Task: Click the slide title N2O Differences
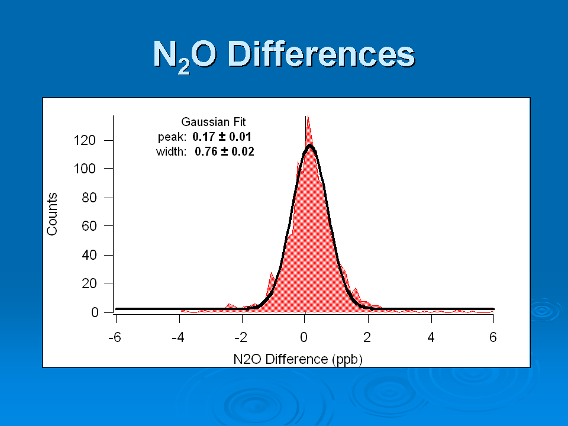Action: (284, 55)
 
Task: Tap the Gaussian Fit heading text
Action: (214, 122)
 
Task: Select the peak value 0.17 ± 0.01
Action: (222, 137)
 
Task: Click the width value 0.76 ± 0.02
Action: (225, 151)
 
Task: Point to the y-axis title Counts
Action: (52, 214)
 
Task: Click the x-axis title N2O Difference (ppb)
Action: (298, 359)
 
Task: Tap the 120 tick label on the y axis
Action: (85, 140)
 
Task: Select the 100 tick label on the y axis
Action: (85, 169)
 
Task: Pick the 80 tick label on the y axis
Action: (89, 198)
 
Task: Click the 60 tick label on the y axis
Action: (89, 226)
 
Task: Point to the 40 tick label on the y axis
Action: (89, 255)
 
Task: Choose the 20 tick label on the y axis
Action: (89, 283)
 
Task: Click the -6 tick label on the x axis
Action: (115, 338)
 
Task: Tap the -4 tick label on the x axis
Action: (178, 338)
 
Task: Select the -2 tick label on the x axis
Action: (241, 338)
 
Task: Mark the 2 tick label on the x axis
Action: (367, 338)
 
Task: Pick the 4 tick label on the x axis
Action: (431, 338)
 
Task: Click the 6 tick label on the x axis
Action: (493, 338)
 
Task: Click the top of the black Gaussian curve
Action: (309, 146)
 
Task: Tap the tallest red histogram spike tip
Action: (308, 117)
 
